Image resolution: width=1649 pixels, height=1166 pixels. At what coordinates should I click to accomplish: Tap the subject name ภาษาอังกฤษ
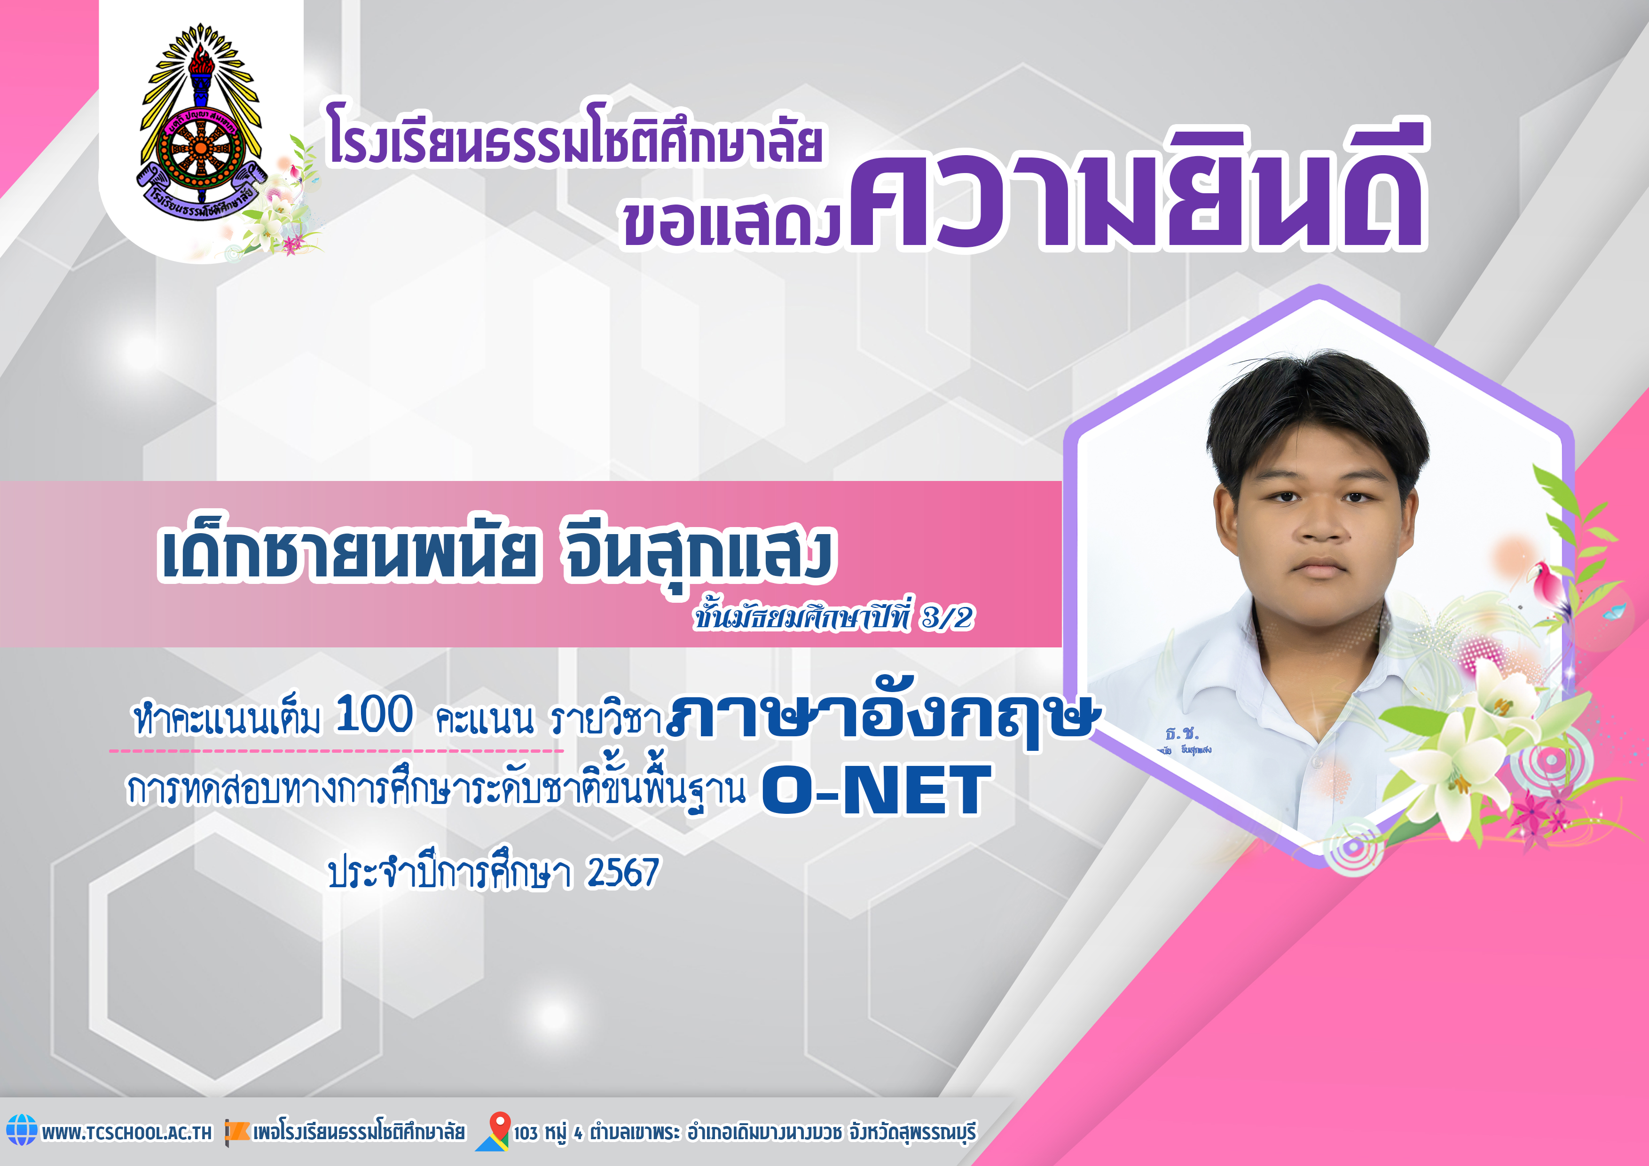(x=883, y=715)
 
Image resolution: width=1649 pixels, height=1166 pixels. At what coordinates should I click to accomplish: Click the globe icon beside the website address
(x=22, y=1130)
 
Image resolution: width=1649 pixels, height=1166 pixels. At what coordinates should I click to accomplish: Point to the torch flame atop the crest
(x=202, y=57)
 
